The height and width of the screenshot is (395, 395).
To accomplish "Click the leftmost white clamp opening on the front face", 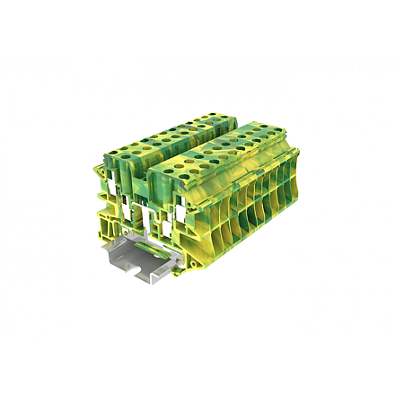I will point(109,186).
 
